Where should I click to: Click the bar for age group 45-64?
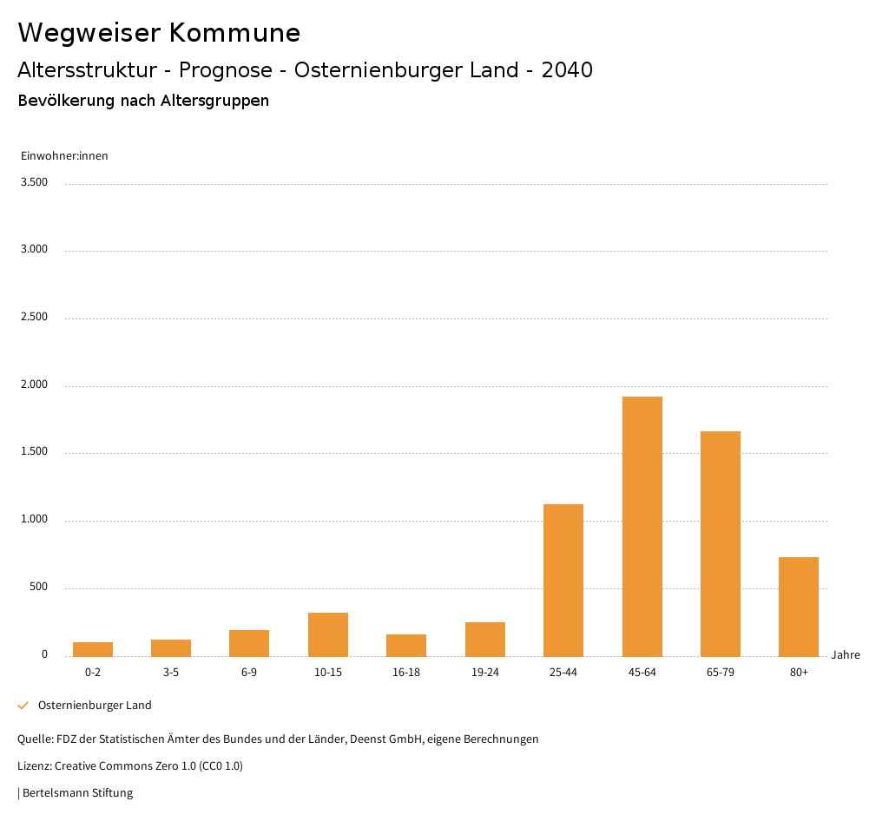click(642, 526)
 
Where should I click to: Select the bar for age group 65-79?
click(720, 543)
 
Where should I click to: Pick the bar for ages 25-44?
click(563, 580)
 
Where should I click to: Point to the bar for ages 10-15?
click(327, 634)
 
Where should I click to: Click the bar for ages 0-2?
click(93, 649)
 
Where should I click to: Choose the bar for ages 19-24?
click(484, 639)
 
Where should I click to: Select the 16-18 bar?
click(406, 645)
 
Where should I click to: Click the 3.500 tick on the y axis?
click(34, 182)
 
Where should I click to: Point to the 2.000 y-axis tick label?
click(34, 384)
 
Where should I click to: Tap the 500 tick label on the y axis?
click(38, 588)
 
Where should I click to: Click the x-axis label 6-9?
click(249, 673)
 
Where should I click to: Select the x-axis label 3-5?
click(171, 673)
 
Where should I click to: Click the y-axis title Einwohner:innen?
click(64, 156)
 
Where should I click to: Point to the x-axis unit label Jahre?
click(846, 655)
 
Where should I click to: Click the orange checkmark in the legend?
click(23, 706)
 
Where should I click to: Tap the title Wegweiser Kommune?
click(159, 33)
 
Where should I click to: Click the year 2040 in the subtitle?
click(567, 70)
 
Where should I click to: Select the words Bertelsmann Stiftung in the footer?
click(77, 793)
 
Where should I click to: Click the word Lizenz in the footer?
click(34, 766)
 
